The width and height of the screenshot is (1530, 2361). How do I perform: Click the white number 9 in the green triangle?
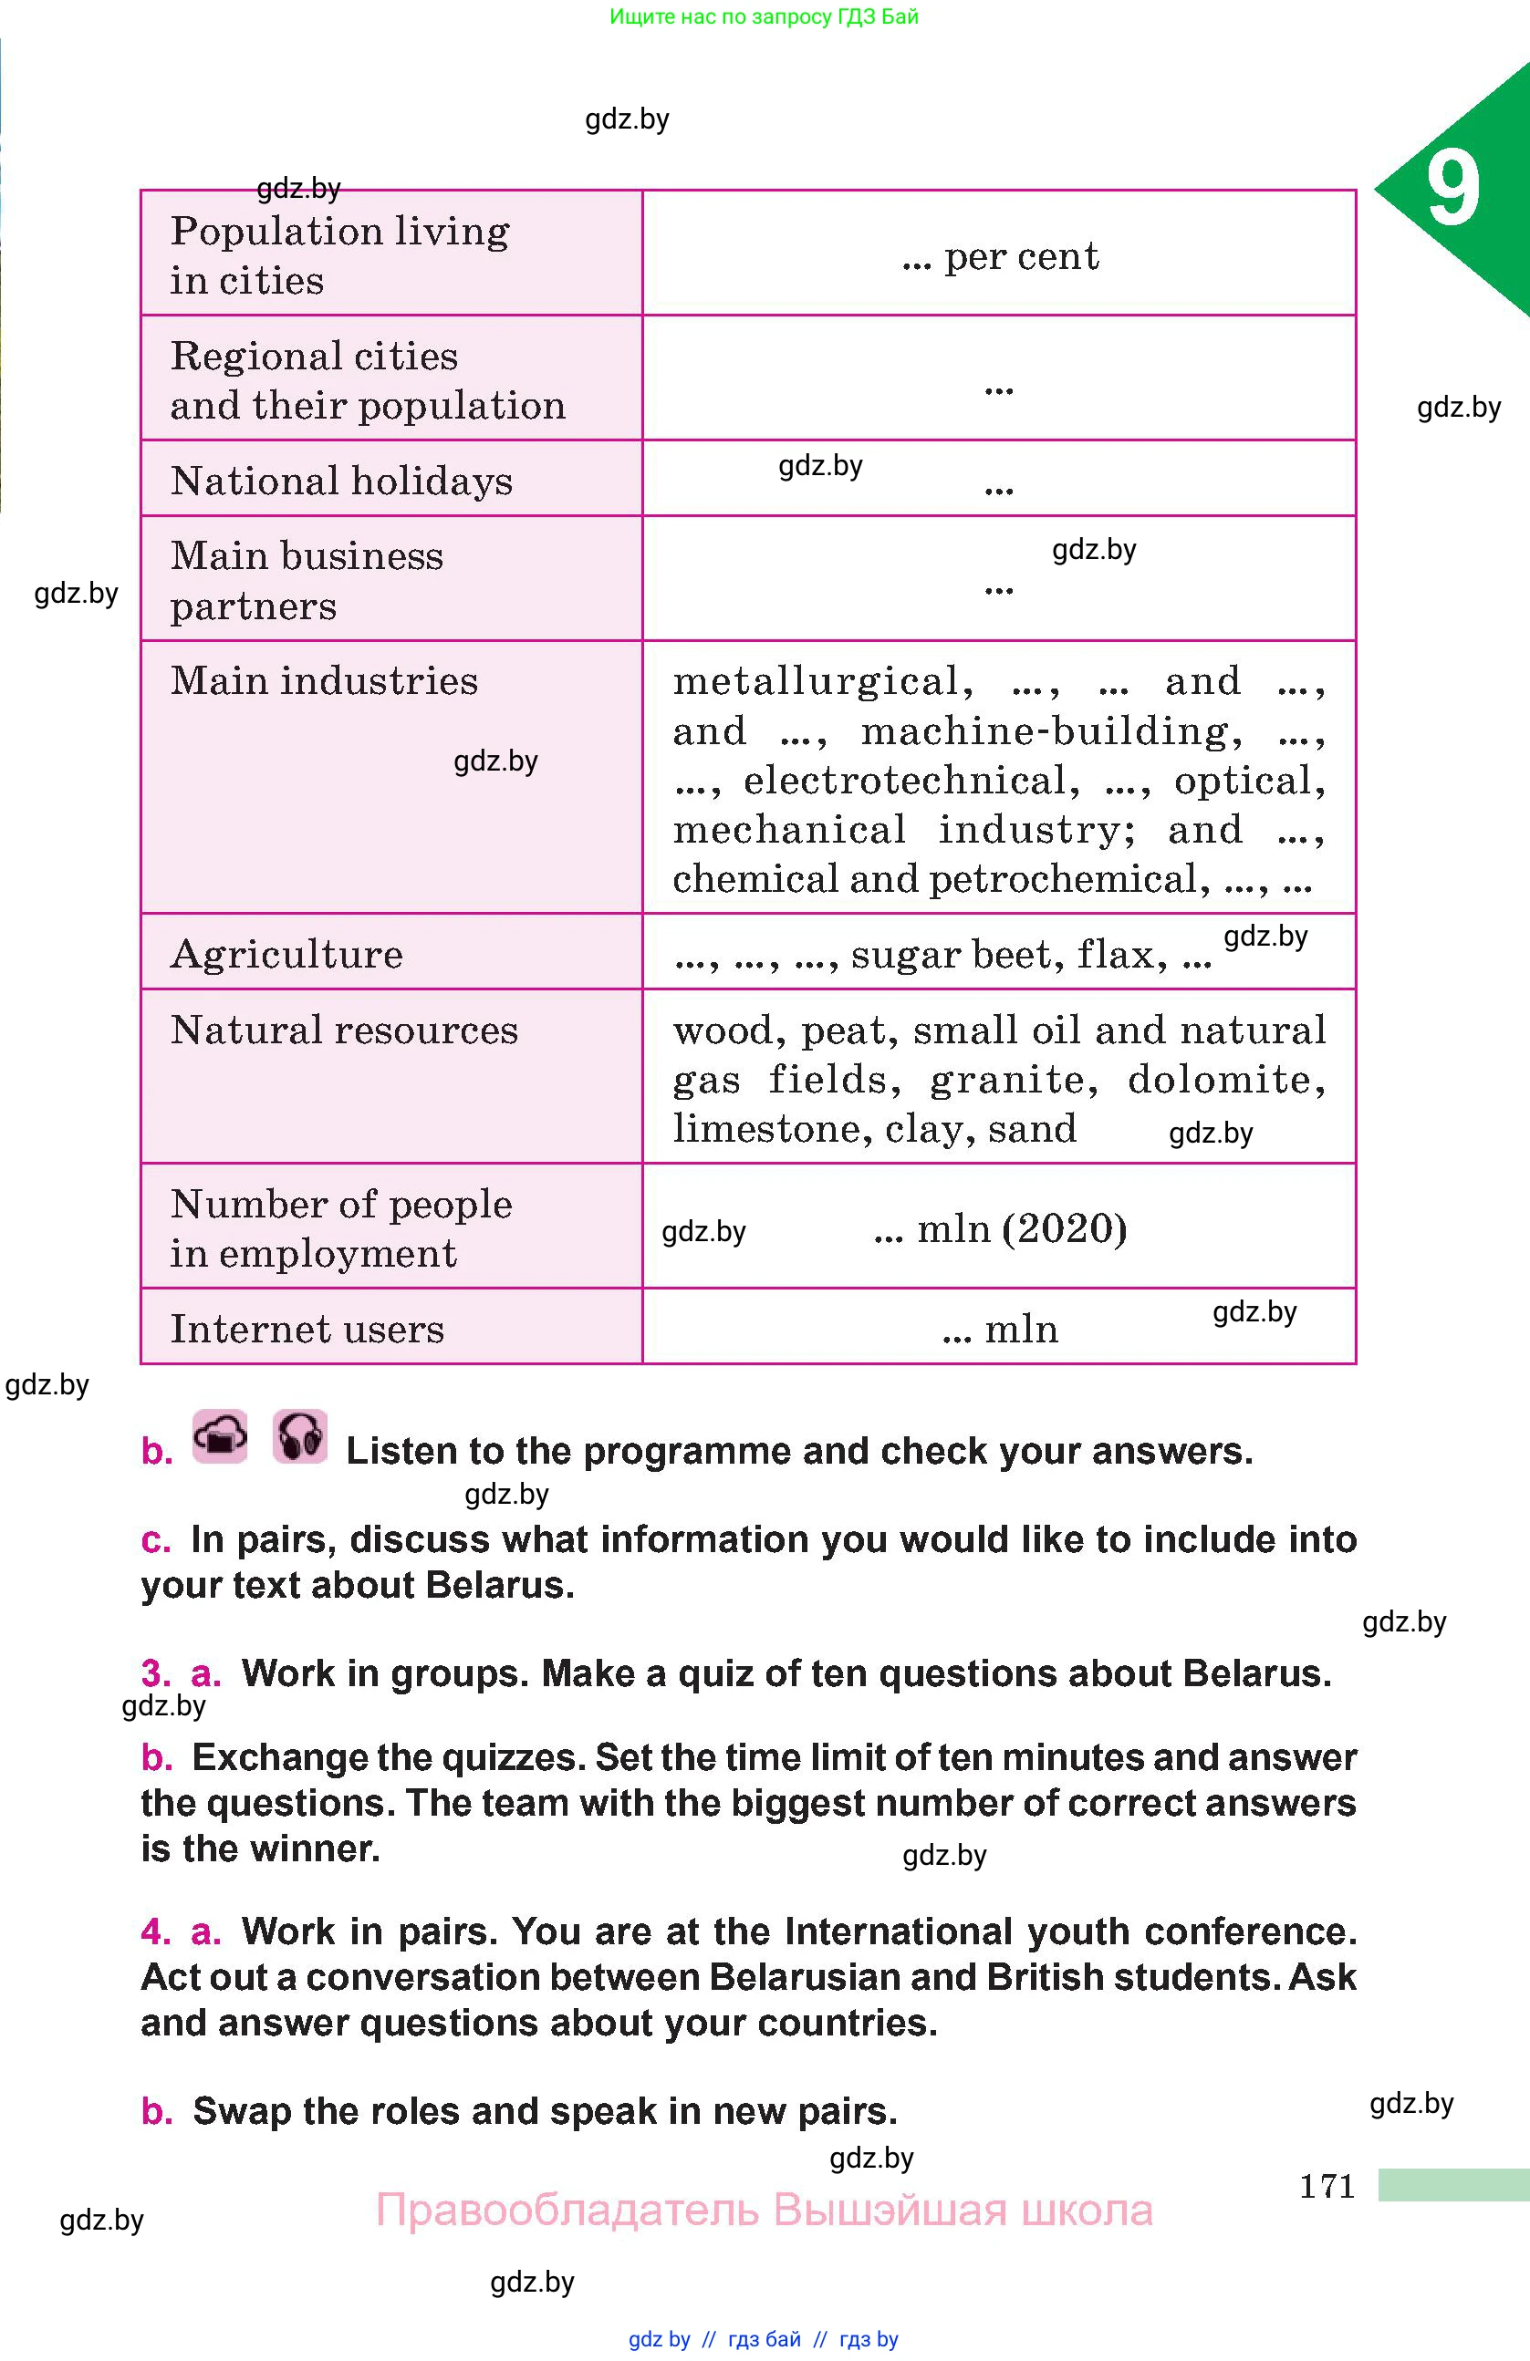point(1453,188)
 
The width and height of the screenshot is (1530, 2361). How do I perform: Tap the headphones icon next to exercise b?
point(299,1436)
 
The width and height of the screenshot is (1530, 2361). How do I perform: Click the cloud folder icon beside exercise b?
point(220,1436)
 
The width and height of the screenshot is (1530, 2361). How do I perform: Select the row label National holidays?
point(341,482)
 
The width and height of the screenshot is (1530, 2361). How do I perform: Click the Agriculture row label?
point(286,954)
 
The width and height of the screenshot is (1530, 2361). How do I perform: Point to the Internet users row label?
point(307,1330)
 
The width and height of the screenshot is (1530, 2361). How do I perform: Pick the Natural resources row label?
point(344,1030)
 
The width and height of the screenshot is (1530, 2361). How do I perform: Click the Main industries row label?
point(325,681)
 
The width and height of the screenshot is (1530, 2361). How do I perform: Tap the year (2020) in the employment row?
point(1065,1229)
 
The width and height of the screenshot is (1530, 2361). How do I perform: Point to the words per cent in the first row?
point(1021,257)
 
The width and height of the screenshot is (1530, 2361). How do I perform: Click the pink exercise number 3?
point(155,1673)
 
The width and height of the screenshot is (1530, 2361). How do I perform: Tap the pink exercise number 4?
point(155,1931)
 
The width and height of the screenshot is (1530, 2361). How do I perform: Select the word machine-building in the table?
point(1051,731)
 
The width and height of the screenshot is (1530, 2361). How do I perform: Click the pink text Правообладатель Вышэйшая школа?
point(764,2211)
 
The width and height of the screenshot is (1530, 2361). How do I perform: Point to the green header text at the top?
point(764,16)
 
